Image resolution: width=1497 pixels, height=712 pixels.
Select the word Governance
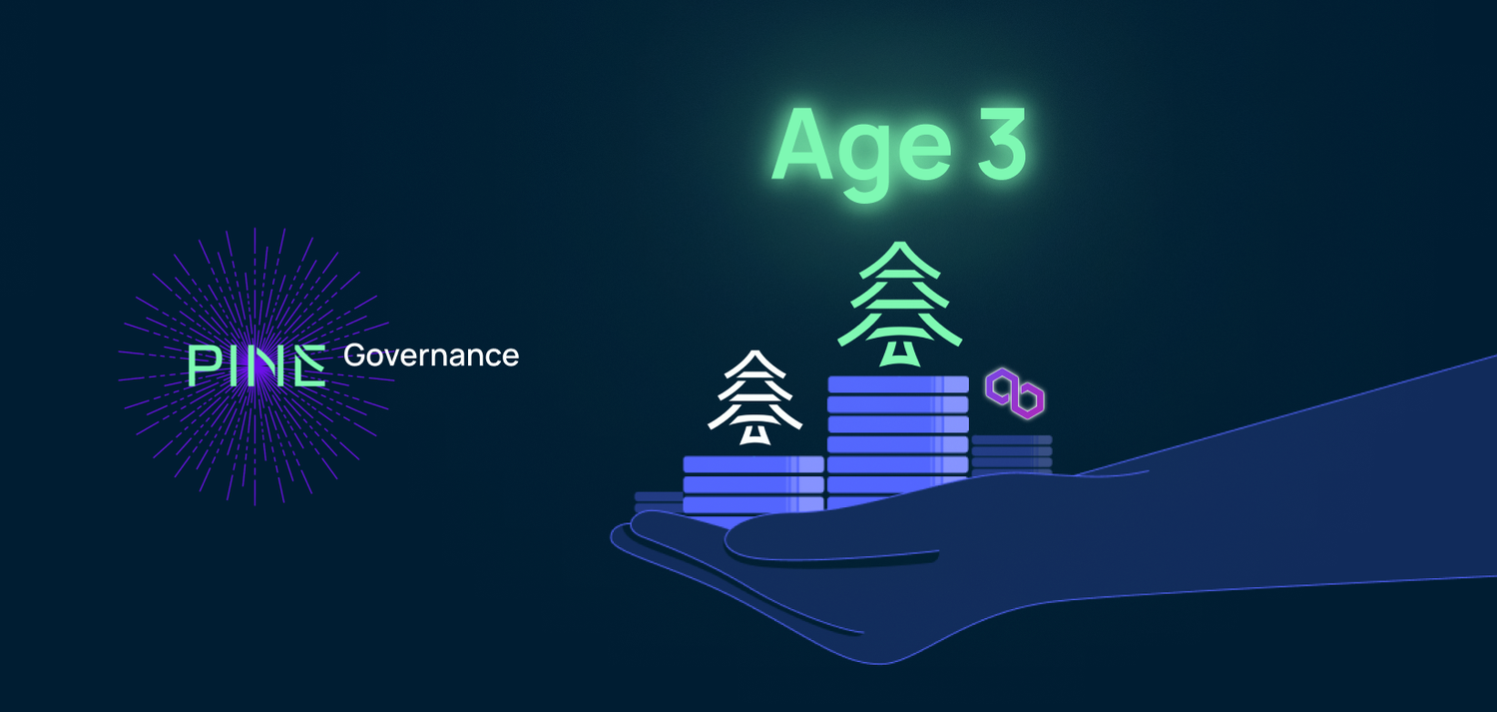[x=431, y=356]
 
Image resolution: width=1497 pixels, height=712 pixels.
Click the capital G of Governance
[x=354, y=356]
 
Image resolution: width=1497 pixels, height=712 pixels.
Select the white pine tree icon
[x=755, y=396]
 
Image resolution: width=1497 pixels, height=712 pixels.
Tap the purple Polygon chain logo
[x=1015, y=394]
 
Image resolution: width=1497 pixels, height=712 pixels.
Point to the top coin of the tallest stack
[x=898, y=384]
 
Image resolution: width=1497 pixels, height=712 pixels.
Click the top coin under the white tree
[x=753, y=464]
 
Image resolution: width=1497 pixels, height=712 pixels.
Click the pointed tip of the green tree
[x=899, y=246]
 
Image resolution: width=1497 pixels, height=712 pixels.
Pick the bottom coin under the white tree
[x=753, y=504]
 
